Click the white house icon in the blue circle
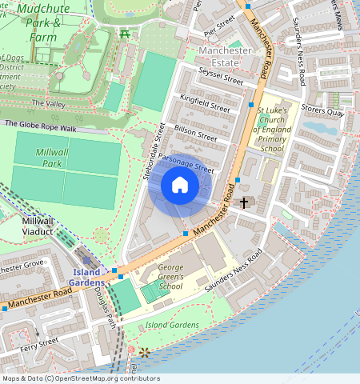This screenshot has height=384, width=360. (x=180, y=186)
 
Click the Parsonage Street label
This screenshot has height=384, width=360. (x=186, y=162)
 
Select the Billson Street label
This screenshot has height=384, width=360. (x=196, y=132)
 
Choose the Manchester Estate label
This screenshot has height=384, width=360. (x=225, y=57)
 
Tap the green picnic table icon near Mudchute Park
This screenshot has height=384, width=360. (x=124, y=33)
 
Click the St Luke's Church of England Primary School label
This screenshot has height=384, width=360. (x=271, y=127)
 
